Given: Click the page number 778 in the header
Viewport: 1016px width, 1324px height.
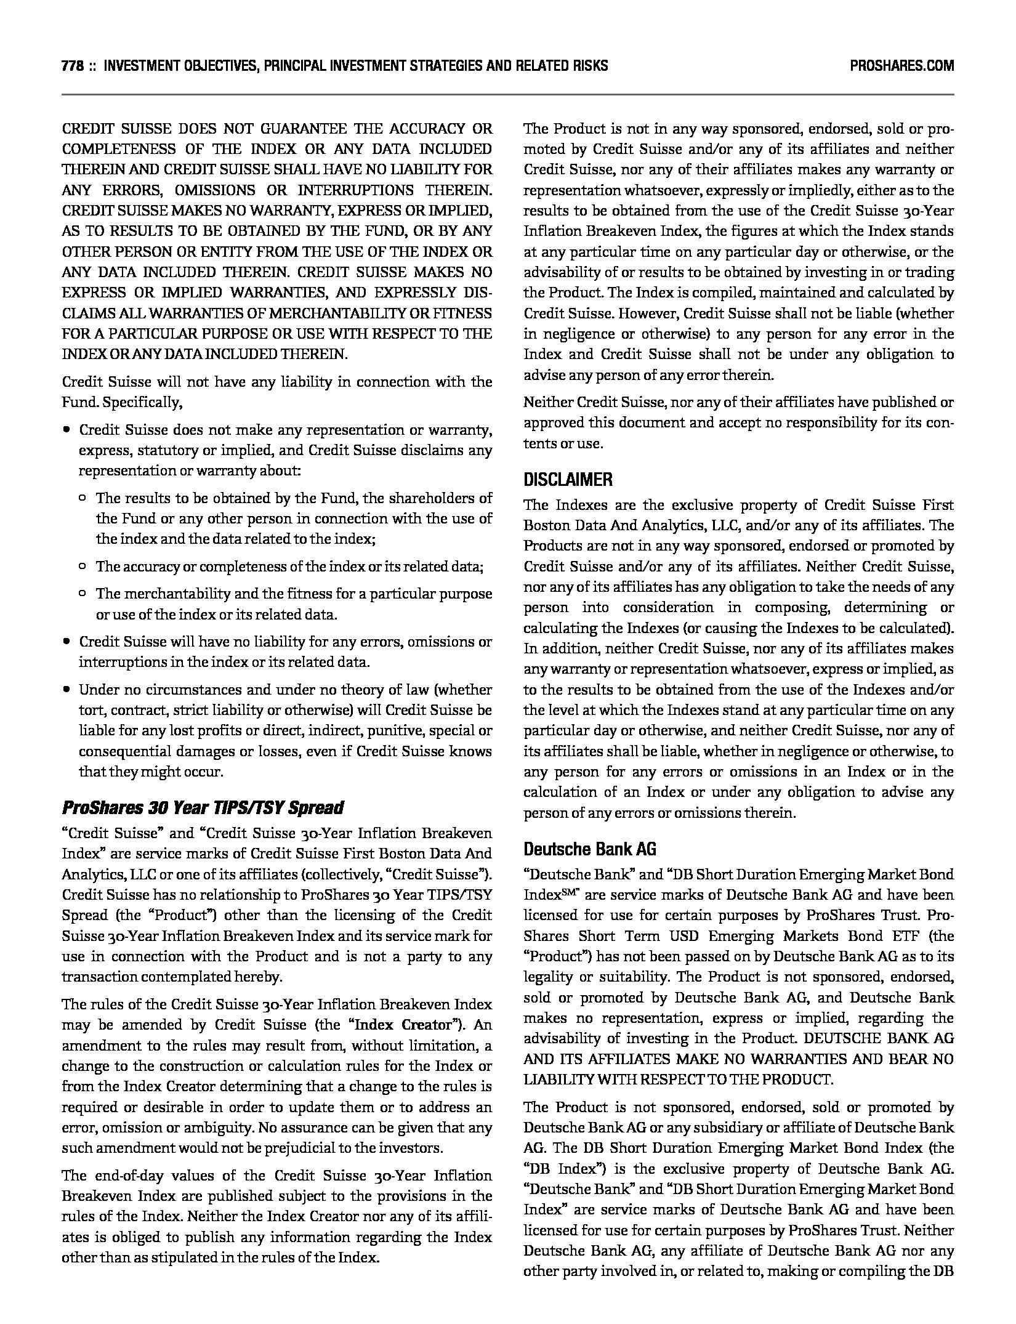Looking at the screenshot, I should click(x=72, y=66).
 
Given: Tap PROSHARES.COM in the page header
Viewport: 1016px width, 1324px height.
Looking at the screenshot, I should click(x=901, y=66).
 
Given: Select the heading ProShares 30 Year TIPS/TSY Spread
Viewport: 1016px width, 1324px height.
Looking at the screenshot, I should click(x=203, y=808).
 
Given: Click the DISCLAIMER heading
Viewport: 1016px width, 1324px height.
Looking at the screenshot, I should click(x=568, y=480).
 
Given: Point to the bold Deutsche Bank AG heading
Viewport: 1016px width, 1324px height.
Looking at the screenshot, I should click(x=589, y=849).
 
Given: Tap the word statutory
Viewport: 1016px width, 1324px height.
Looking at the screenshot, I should click(x=164, y=450).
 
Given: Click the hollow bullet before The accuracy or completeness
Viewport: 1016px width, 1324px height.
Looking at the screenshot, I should click(x=83, y=567).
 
